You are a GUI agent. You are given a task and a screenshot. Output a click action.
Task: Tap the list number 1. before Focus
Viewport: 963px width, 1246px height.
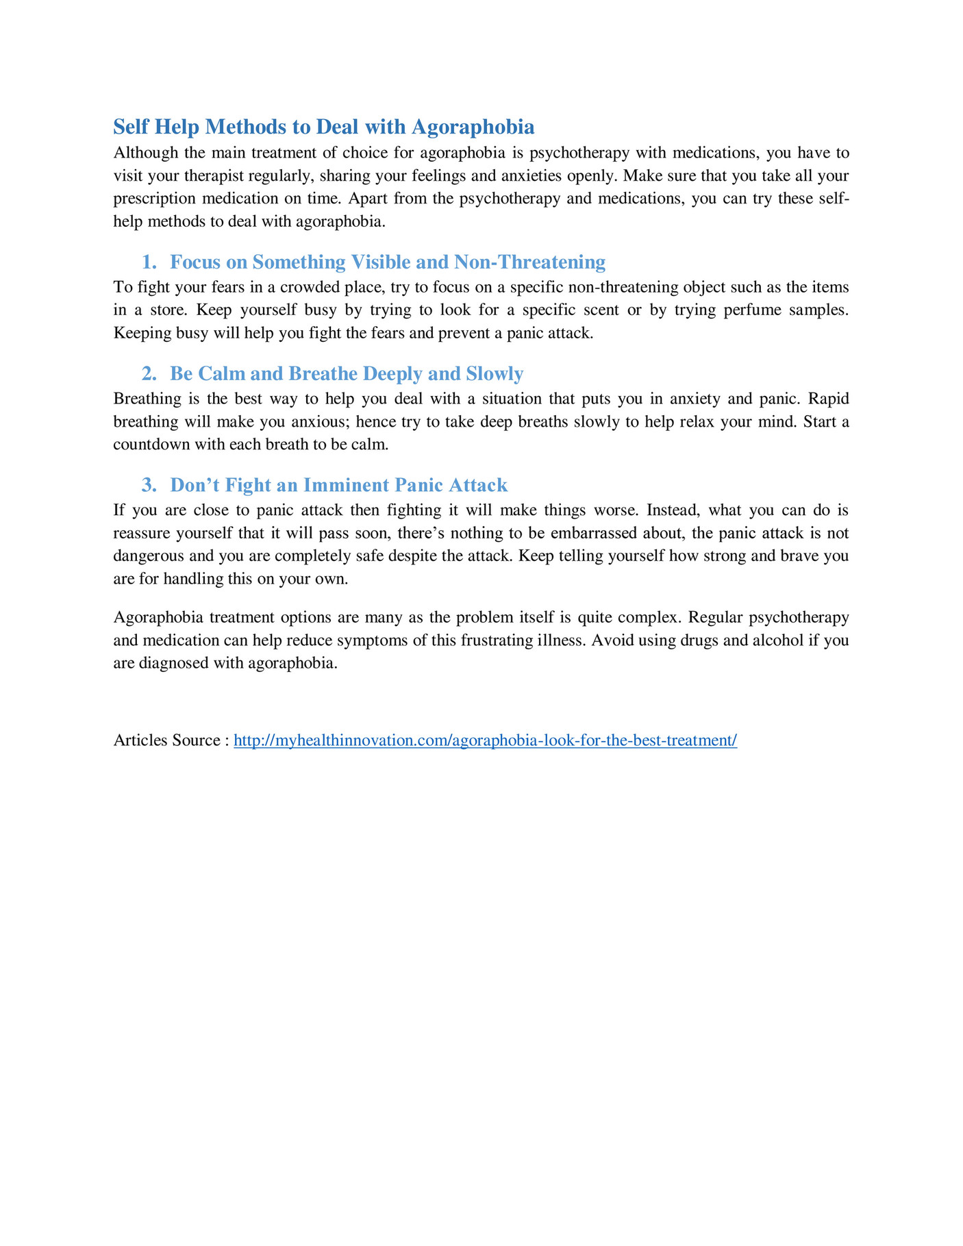pos(149,262)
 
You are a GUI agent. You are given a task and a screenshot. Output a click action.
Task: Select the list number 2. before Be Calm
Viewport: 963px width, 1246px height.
pos(149,374)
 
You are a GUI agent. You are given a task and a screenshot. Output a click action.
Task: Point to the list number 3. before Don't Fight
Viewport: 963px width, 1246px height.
pos(149,486)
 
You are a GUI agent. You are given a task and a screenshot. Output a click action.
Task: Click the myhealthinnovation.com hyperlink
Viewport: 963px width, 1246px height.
pos(485,740)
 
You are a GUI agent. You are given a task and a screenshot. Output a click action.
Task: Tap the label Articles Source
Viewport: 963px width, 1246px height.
pos(166,740)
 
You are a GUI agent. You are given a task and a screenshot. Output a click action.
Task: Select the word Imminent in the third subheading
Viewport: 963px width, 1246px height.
pos(349,486)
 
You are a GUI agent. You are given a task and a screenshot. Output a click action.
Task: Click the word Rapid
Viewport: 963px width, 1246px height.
pos(829,399)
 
